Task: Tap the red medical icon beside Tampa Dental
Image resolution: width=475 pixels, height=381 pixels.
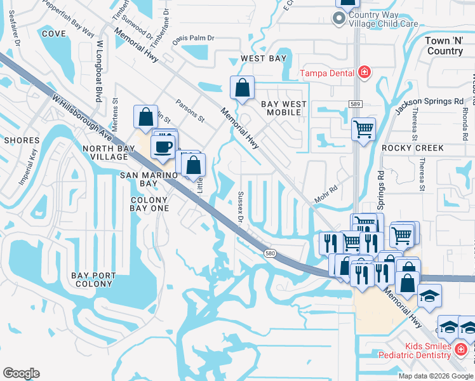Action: coord(365,72)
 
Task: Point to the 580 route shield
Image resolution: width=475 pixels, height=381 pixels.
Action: coord(269,253)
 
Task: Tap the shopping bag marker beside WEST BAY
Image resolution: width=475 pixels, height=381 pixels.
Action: coord(242,89)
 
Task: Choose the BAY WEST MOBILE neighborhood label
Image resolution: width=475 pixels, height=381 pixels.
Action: coord(283,108)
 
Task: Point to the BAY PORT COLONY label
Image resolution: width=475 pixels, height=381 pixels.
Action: coord(94,279)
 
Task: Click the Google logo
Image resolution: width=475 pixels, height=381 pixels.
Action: coord(21,373)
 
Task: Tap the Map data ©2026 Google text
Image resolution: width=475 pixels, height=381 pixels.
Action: coord(436,376)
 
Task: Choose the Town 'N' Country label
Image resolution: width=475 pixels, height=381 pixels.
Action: coord(444,46)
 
